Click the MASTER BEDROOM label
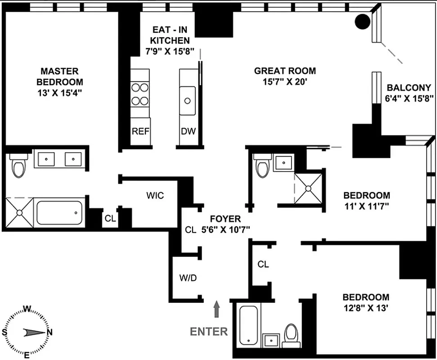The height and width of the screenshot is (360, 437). tap(59, 76)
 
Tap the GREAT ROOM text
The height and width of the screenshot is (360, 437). tap(285, 71)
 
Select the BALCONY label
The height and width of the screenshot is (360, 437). tap(409, 88)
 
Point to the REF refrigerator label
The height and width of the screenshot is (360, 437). tap(140, 131)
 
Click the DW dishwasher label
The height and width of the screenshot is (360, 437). tap(188, 131)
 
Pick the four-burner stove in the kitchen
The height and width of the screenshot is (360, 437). tap(140, 94)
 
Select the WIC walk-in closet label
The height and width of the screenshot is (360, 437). tap(155, 196)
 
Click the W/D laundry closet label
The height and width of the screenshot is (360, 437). tap(188, 278)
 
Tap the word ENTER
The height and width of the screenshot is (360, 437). tap(209, 332)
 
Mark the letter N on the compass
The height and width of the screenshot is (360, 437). tap(50, 332)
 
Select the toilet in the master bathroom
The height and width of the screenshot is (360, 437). tap(18, 165)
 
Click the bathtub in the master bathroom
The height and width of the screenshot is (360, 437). tap(59, 213)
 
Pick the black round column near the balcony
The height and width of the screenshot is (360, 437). tap(362, 21)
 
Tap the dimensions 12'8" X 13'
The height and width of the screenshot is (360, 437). tap(365, 309)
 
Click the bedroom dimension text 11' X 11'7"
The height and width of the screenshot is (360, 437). tap(366, 207)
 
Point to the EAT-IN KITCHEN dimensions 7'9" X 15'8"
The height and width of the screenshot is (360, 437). tap(170, 51)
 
